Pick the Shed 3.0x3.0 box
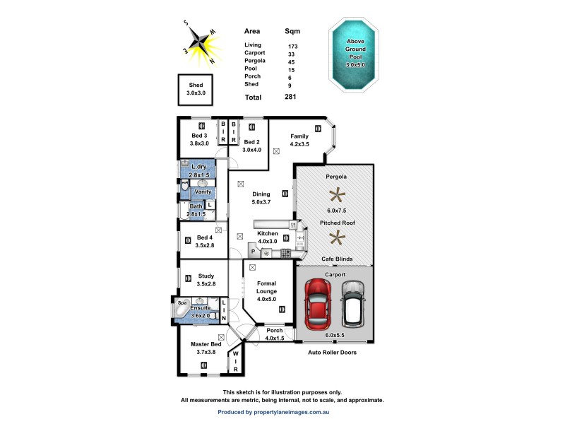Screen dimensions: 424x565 [195, 89]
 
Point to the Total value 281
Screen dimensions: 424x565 [290, 98]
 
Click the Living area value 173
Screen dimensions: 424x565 [292, 45]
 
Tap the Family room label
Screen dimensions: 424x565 [299, 136]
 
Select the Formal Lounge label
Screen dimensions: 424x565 [267, 287]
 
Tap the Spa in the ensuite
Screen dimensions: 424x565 [182, 302]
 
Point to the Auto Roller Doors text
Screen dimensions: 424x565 [332, 352]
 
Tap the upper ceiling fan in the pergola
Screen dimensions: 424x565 [338, 194]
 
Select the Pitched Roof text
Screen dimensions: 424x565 [338, 223]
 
